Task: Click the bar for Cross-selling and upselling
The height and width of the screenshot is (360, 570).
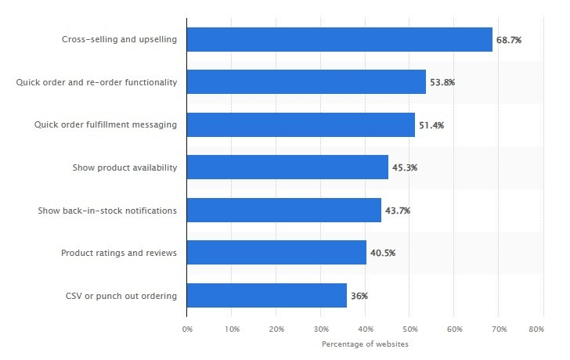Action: tap(340, 39)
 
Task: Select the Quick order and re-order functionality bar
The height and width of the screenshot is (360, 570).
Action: tap(306, 82)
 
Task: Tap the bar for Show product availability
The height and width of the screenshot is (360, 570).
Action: tap(287, 167)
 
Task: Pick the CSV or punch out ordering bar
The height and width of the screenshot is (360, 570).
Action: tap(267, 295)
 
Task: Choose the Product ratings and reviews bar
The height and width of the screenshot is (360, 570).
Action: tap(276, 252)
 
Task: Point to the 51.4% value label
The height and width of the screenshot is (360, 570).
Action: tap(431, 125)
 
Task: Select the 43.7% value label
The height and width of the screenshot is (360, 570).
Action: tap(398, 211)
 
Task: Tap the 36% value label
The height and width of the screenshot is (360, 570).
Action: tap(359, 296)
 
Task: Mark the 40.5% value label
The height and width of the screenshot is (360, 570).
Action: tap(383, 253)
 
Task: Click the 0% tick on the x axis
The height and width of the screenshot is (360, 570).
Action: tap(187, 329)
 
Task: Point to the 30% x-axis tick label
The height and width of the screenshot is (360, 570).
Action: tap(321, 329)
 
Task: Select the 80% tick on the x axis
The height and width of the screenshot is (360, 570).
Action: tap(536, 329)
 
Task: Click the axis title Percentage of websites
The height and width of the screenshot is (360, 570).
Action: tap(365, 344)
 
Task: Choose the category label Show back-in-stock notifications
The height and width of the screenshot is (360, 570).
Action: tap(107, 210)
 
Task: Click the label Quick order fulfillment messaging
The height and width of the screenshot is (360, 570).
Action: tap(105, 124)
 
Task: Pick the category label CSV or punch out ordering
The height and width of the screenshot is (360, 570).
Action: tap(121, 295)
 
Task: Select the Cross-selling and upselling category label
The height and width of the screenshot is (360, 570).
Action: tap(119, 39)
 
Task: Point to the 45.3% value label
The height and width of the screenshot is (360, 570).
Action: tap(405, 167)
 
